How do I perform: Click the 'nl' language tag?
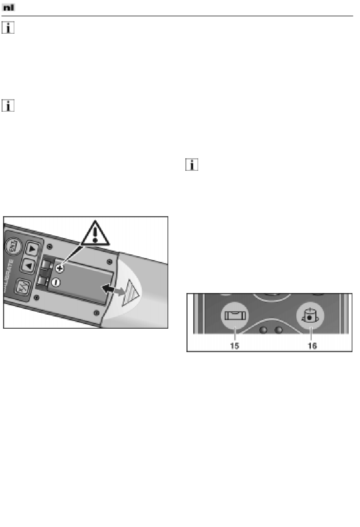pyautogui.click(x=8, y=8)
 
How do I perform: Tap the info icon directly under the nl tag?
pyautogui.click(x=8, y=28)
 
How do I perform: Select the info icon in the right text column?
pyautogui.click(x=192, y=165)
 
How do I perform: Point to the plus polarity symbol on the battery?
pyautogui.click(x=59, y=268)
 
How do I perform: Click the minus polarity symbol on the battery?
pyautogui.click(x=56, y=282)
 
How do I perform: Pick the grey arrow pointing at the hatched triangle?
pyautogui.click(x=120, y=291)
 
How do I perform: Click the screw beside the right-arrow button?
pyautogui.click(x=49, y=247)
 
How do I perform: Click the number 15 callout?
pyautogui.click(x=235, y=346)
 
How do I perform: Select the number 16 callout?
pyautogui.click(x=312, y=346)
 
